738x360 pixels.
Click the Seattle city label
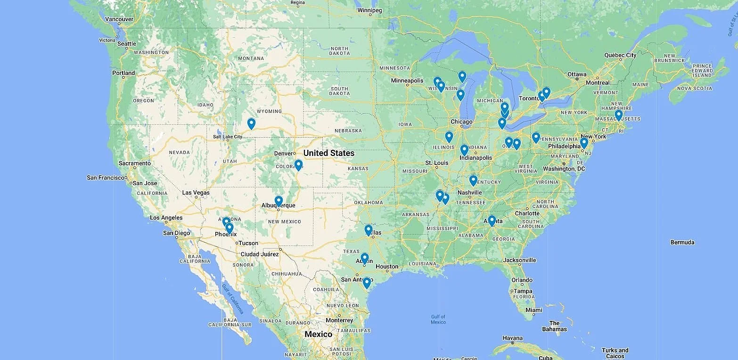point(126,44)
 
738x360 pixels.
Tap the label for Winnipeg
point(369,10)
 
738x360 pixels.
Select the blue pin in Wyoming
point(251,123)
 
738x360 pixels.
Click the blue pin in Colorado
point(298,165)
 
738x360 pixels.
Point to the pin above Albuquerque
point(279,201)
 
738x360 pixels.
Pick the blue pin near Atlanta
point(492,221)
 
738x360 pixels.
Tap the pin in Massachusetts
point(618,115)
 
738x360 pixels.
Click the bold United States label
point(328,153)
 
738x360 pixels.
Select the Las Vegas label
point(196,193)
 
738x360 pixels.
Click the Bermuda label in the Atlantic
point(682,242)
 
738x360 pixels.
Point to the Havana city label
point(512,338)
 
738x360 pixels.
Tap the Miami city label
point(533,310)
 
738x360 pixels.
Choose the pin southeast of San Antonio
point(367,283)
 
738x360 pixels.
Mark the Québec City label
point(620,55)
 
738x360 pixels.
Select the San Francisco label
point(106,178)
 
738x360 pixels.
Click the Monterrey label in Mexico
point(339,320)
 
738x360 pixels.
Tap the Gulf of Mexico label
point(438,319)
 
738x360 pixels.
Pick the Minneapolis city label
point(407,81)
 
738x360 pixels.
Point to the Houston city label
point(386,267)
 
